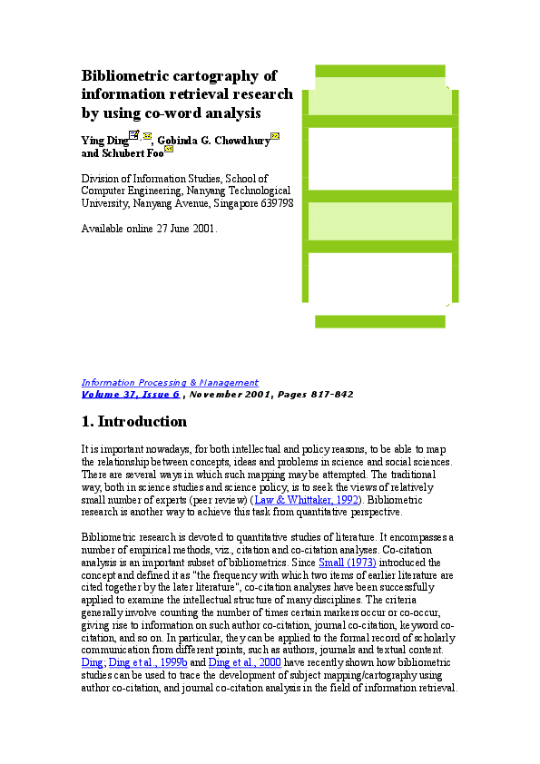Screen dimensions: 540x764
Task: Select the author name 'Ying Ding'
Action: tap(104, 141)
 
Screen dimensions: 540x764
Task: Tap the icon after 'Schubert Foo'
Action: tap(169, 149)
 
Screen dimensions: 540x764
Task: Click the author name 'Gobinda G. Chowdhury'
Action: tap(213, 141)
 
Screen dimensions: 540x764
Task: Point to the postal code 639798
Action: tap(277, 203)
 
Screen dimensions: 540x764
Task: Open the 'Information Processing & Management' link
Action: tap(170, 383)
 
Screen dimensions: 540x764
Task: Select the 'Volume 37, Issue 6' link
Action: tap(131, 394)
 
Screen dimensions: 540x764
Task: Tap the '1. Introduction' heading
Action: tap(134, 421)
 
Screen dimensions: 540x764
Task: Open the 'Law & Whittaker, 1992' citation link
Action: tap(307, 500)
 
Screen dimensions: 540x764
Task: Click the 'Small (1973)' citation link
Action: tap(348, 563)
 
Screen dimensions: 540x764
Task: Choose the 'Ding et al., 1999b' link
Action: tap(148, 662)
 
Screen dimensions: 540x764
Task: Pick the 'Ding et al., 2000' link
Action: tap(245, 662)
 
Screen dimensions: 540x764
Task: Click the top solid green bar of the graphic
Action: tap(380, 71)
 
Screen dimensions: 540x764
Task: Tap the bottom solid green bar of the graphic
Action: tap(380, 321)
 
